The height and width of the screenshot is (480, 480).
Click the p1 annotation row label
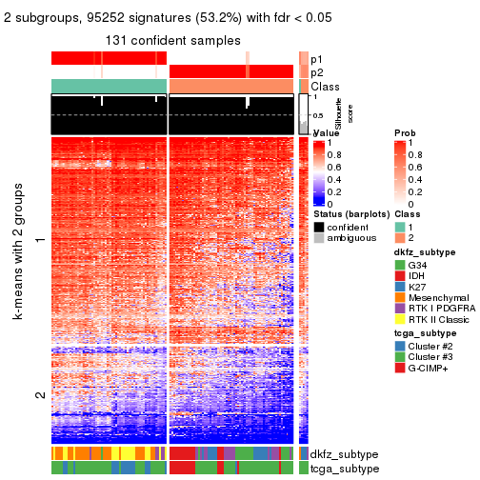(316, 59)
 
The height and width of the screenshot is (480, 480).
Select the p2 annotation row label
(316, 72)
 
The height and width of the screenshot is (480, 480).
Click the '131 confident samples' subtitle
(173, 39)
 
